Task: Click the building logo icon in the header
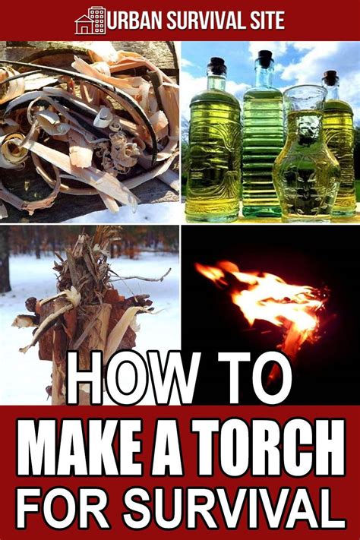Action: tap(90, 20)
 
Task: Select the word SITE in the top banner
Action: tap(266, 21)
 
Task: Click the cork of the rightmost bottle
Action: tap(330, 77)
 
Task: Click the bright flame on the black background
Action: tap(267, 296)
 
